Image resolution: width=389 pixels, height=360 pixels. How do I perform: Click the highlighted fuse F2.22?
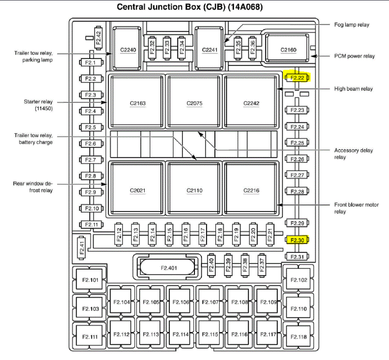coord(297,78)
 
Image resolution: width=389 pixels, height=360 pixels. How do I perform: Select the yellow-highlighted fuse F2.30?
coord(297,240)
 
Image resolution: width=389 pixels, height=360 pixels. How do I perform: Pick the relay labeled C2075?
coord(194,103)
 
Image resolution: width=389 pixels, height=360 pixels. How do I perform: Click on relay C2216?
coord(252,190)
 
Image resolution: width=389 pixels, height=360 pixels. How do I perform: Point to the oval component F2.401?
coord(169,268)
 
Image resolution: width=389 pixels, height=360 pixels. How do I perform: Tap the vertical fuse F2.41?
coord(82,247)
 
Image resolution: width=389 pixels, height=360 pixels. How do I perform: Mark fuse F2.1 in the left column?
coord(90,63)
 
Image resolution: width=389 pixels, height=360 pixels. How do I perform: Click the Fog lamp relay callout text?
coord(352,25)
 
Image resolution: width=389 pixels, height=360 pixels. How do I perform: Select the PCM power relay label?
coord(354,56)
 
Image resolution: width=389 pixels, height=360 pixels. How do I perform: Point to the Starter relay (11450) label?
coord(38,105)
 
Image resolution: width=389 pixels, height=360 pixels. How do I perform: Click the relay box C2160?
coord(288,50)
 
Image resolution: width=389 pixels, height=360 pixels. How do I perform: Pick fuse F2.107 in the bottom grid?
coord(210,302)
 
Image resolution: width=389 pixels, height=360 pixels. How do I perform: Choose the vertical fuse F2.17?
coord(203,235)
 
